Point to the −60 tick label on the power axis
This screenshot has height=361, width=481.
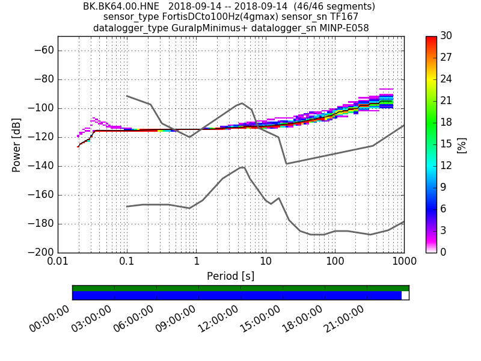coord(43,51)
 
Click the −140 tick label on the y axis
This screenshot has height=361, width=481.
coord(40,166)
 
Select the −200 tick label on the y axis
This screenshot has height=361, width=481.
coord(40,253)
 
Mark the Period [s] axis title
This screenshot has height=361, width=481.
coord(230,276)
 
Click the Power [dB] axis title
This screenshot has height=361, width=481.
coord(17,144)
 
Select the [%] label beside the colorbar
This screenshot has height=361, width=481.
coord(462,144)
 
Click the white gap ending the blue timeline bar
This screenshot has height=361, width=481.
coord(405,295)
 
